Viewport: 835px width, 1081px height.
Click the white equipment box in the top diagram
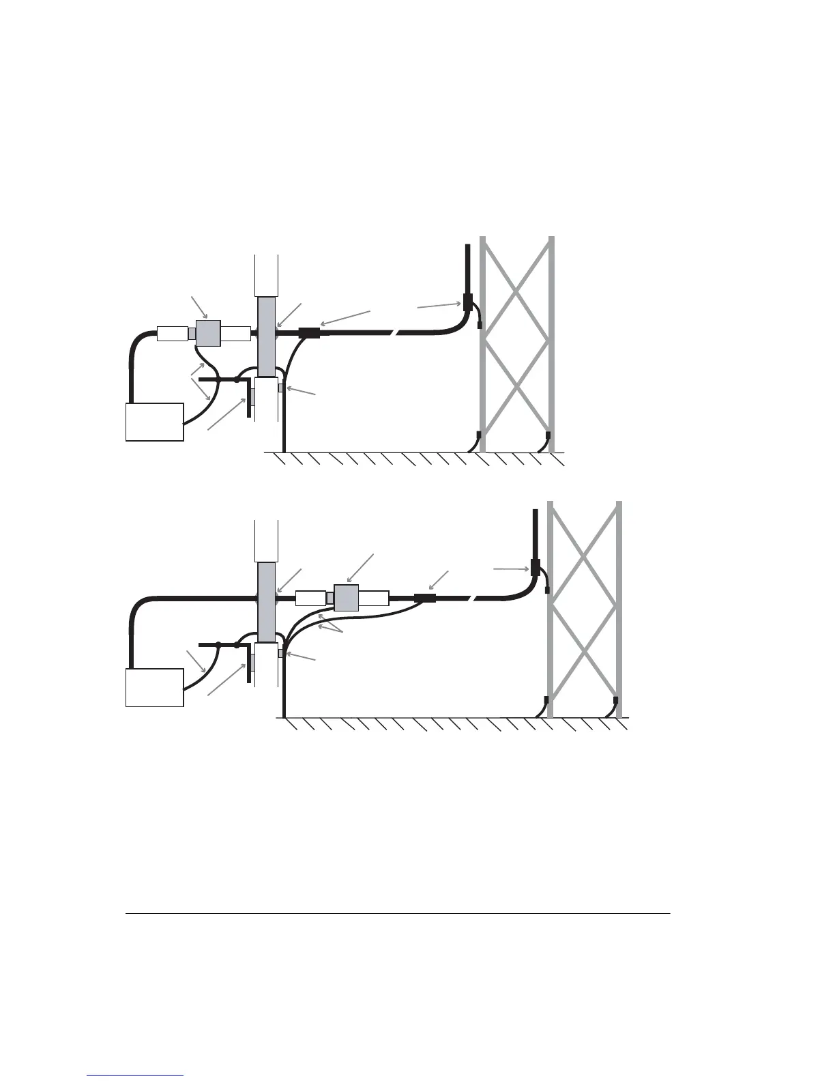pos(155,422)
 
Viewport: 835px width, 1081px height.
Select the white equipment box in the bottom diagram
pos(155,687)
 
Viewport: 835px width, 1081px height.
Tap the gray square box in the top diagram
pos(208,333)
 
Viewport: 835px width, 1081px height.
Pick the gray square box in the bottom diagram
pos(347,599)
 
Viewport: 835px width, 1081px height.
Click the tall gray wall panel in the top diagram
pos(266,336)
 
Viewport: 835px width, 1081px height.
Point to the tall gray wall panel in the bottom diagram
pos(266,601)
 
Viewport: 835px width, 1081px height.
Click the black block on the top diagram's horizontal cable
pos(309,334)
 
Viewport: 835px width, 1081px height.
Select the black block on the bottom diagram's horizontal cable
pos(425,599)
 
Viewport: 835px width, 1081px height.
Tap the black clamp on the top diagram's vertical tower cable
pos(468,302)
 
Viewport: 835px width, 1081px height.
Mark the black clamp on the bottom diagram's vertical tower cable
pos(536,567)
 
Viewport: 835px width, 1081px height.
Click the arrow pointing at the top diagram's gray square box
pos(199,306)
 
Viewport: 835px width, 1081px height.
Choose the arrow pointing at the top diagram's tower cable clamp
pos(441,305)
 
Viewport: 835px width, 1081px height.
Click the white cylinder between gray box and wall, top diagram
pos(236,334)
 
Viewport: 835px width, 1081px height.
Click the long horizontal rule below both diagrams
pos(398,913)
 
